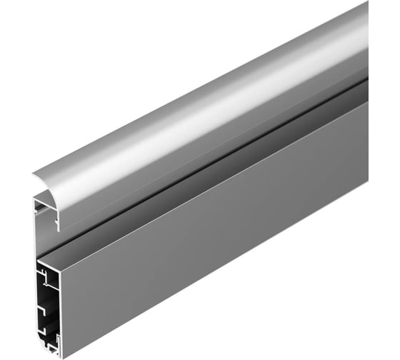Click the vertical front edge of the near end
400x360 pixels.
coord(64,307)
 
